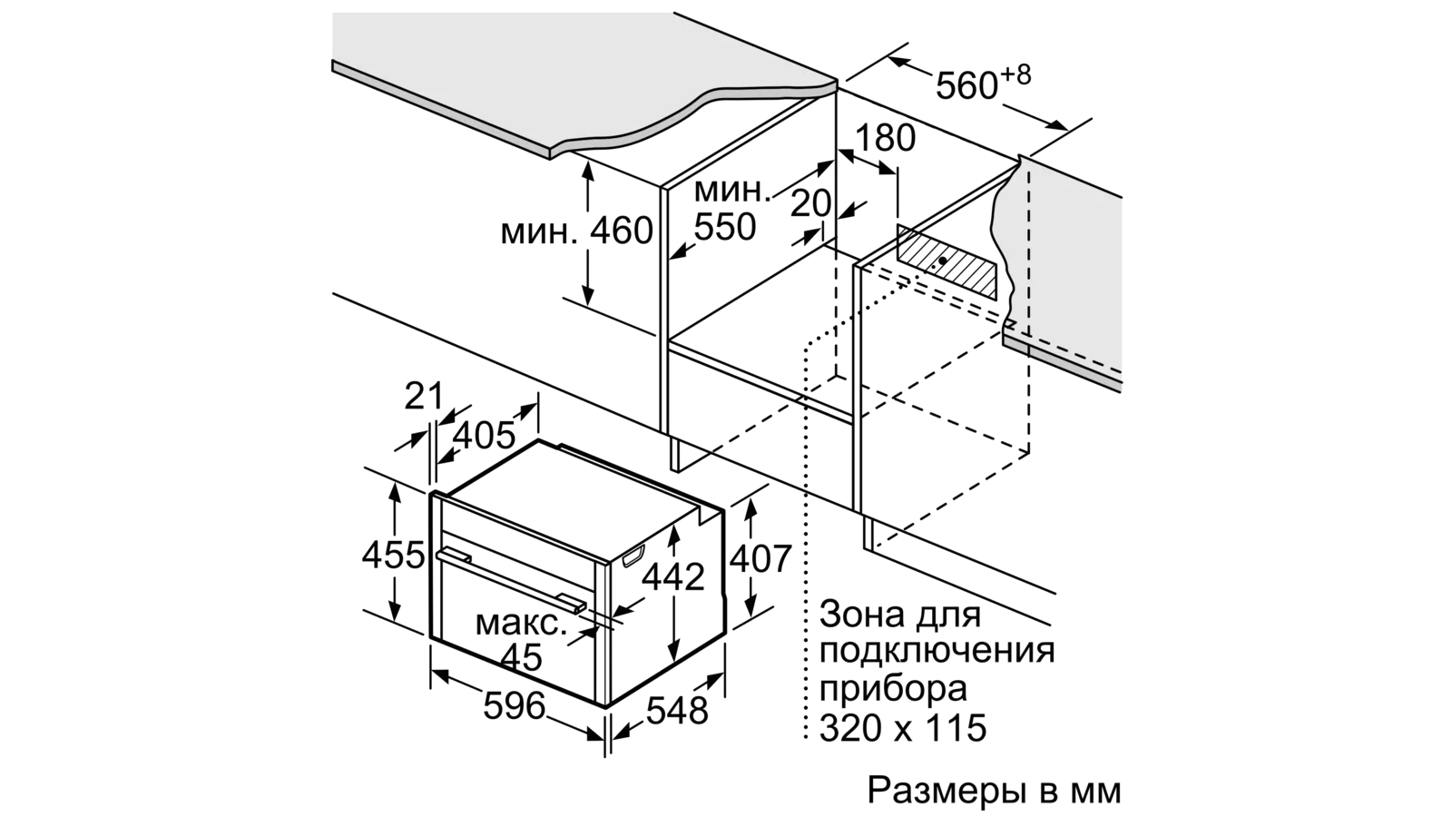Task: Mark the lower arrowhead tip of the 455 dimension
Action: point(394,621)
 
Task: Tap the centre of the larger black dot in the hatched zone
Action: point(941,260)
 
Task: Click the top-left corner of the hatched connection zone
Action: point(898,225)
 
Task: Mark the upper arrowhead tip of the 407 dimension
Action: point(750,501)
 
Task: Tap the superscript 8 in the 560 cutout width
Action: point(1022,74)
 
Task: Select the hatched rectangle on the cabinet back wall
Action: point(947,262)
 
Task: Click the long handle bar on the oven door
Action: point(512,581)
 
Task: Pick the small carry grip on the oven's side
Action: point(633,556)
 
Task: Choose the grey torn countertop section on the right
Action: point(1063,272)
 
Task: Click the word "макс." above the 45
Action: point(521,623)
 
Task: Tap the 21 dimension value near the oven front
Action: point(423,396)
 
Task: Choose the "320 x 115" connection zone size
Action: point(903,727)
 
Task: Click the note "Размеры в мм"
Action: point(994,791)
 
